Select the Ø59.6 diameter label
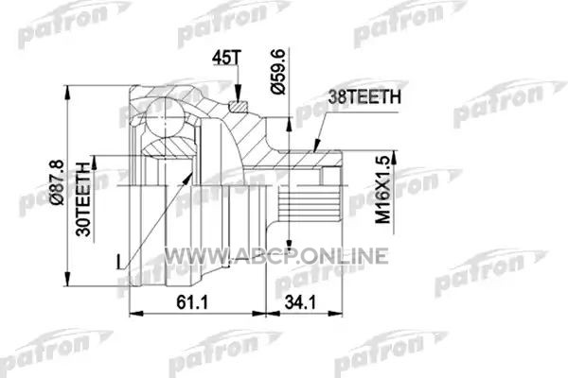pyautogui.click(x=278, y=72)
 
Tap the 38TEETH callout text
pyautogui.click(x=364, y=97)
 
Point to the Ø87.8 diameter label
pyautogui.click(x=58, y=182)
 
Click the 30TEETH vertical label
pyautogui.click(x=83, y=199)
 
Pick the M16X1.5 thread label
pyautogui.click(x=383, y=190)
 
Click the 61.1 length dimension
pyautogui.click(x=193, y=302)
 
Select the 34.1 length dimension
pyautogui.click(x=300, y=302)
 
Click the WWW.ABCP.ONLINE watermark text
pyautogui.click(x=276, y=256)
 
